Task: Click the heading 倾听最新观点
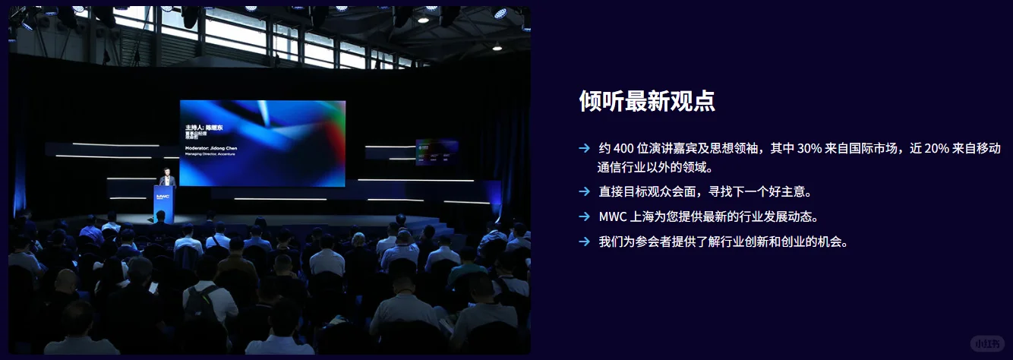click(646, 101)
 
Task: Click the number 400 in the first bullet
click(624, 148)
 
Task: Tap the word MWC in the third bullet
click(612, 216)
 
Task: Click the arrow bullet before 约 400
click(584, 148)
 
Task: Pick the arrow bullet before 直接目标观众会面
click(584, 191)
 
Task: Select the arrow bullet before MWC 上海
click(584, 216)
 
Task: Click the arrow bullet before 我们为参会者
click(584, 242)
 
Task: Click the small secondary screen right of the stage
click(436, 151)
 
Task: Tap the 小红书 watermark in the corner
click(988, 343)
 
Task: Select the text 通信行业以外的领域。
click(656, 167)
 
